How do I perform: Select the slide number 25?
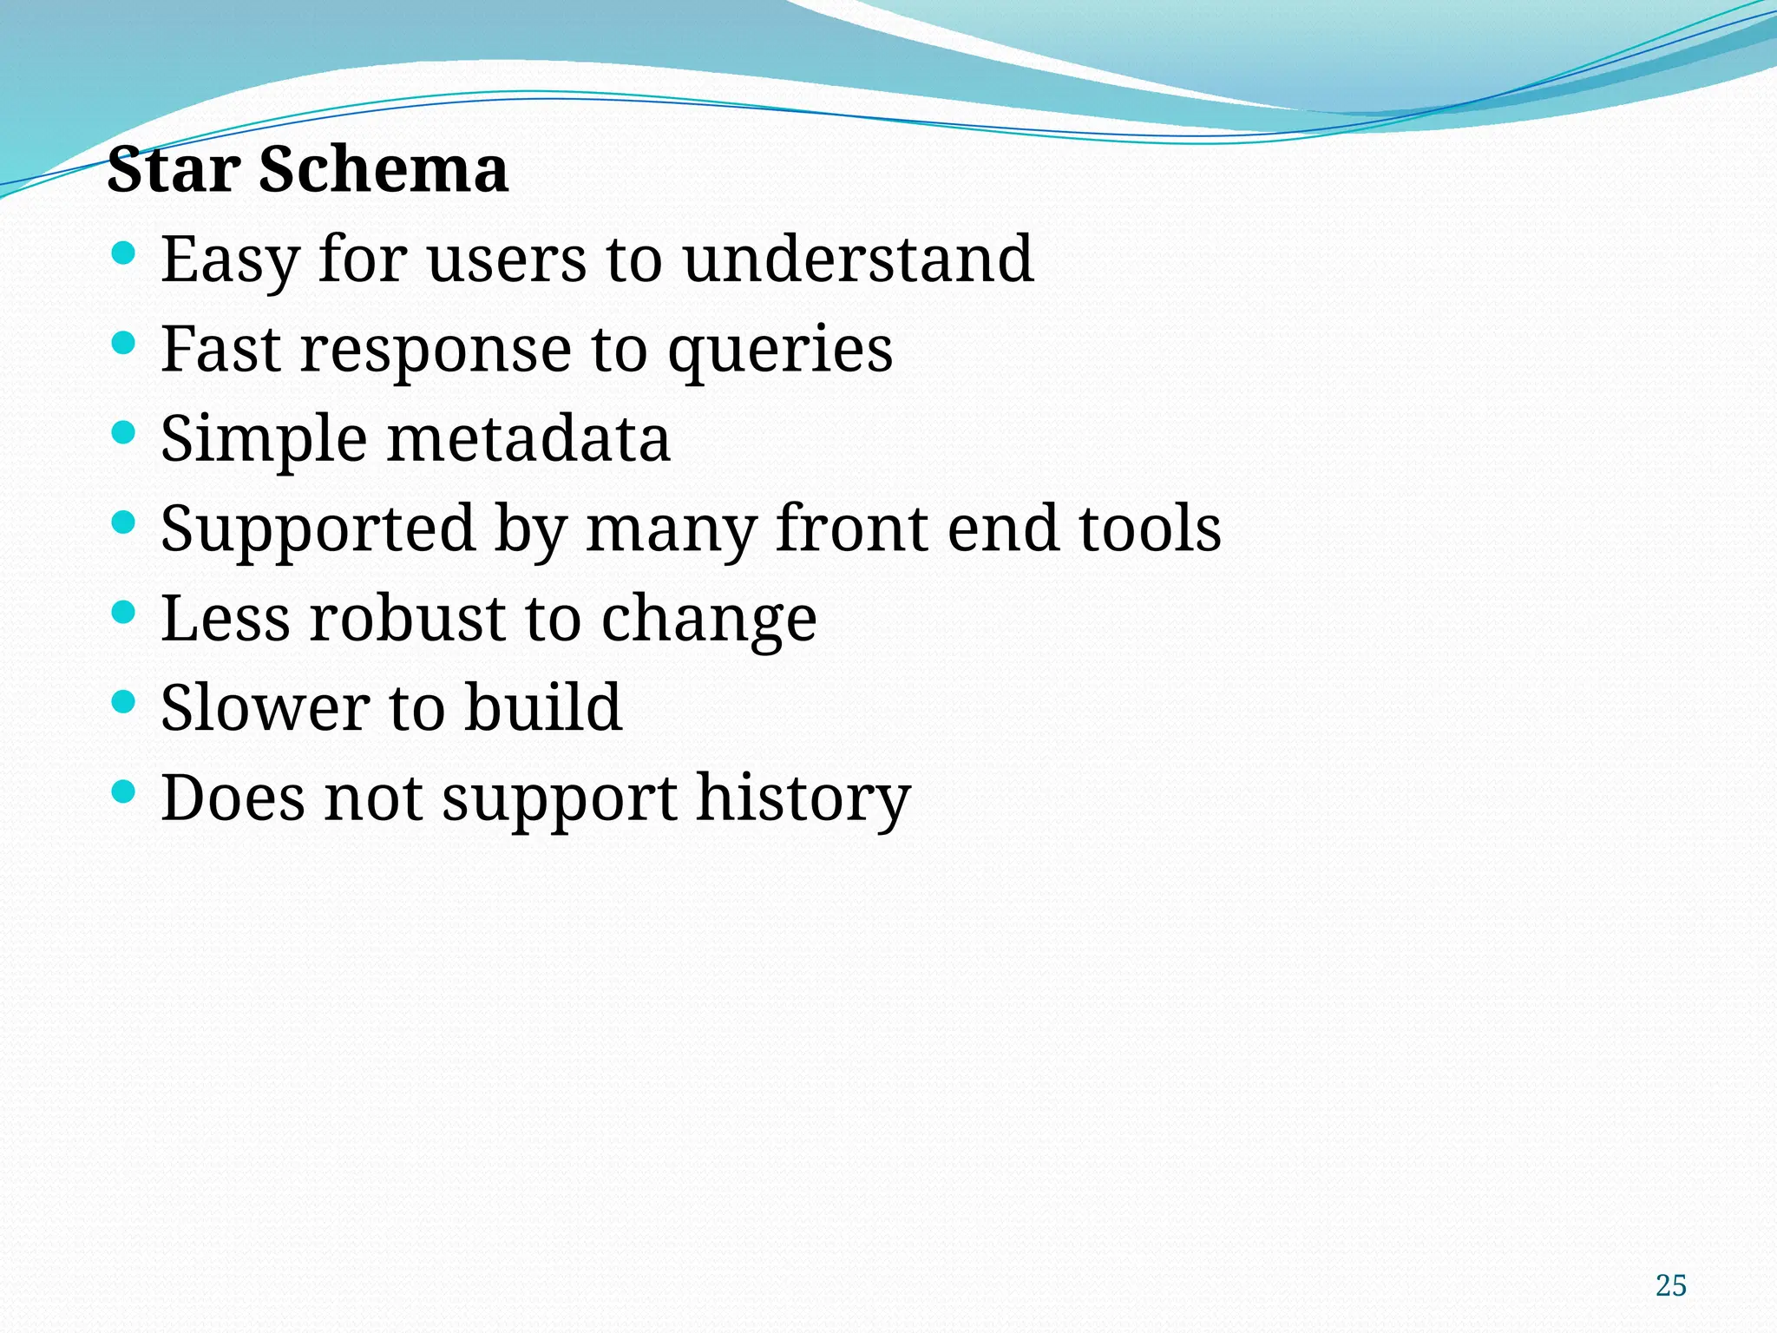click(1670, 1285)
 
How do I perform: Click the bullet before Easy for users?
click(124, 253)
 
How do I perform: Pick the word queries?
click(779, 351)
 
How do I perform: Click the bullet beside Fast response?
click(124, 343)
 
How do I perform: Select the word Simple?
click(264, 440)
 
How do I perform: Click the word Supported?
click(318, 529)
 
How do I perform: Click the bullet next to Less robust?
click(124, 612)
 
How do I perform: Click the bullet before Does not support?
click(124, 791)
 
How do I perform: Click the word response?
click(436, 351)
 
